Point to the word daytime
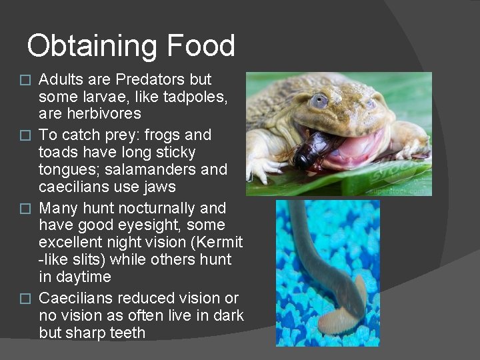click(83, 277)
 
